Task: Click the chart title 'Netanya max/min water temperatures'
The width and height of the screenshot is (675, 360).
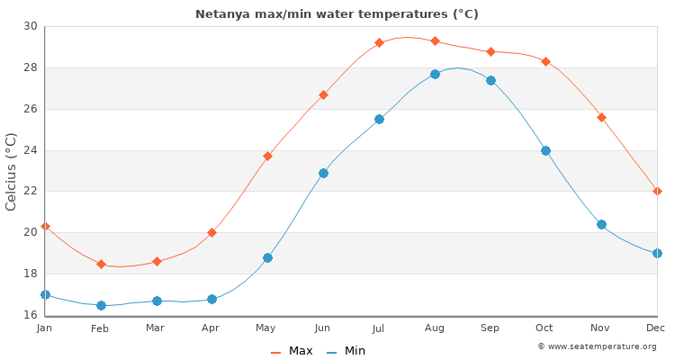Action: (x=337, y=14)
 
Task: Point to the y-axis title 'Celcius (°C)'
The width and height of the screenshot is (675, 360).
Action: (x=12, y=171)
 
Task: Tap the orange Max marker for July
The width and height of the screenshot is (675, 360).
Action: (x=379, y=42)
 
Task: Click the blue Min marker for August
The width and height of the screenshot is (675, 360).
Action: (x=435, y=74)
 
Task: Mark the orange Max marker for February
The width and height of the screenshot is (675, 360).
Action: (x=101, y=265)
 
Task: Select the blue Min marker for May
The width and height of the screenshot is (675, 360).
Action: (x=267, y=257)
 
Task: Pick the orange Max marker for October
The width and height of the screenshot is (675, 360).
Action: (x=545, y=61)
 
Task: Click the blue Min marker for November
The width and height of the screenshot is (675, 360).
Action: (x=601, y=224)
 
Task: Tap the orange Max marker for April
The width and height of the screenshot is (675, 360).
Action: (x=211, y=232)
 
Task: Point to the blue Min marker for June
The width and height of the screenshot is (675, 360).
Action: (x=323, y=173)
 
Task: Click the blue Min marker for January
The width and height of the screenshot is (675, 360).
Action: (x=45, y=294)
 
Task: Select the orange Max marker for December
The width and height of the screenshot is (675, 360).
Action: (x=657, y=191)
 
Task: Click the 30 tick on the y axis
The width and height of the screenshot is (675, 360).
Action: (x=31, y=26)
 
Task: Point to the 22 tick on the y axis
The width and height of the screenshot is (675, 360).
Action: (x=31, y=191)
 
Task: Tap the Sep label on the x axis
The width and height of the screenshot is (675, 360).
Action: (x=490, y=328)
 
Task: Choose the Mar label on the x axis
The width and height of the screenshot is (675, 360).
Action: (x=156, y=328)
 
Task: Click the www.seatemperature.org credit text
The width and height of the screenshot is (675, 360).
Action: (x=597, y=346)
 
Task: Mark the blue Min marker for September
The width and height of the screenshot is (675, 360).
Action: (x=490, y=80)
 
